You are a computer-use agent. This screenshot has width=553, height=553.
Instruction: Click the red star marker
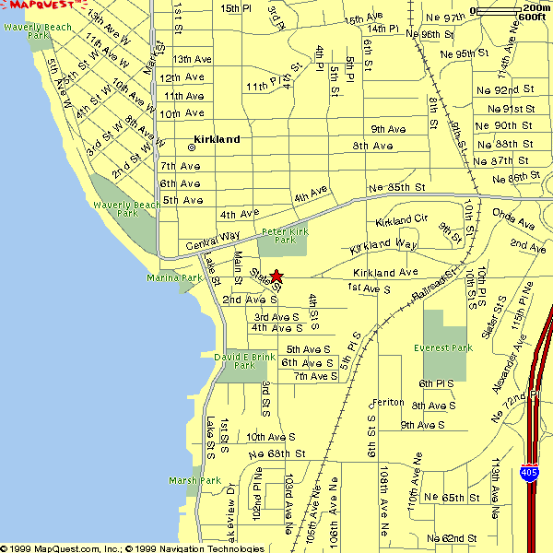[x=276, y=275]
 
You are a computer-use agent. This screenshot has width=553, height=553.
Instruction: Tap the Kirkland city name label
[x=217, y=139]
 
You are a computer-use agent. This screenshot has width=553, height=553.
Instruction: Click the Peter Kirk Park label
[x=286, y=236]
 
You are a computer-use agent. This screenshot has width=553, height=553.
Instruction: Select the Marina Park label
[x=174, y=277]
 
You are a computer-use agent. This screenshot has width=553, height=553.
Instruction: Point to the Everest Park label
[x=443, y=347]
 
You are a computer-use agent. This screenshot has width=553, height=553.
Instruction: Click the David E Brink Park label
[x=244, y=360]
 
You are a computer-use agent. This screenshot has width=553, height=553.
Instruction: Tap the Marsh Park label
[x=194, y=480]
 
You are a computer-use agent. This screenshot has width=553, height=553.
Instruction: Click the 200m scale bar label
[x=535, y=7]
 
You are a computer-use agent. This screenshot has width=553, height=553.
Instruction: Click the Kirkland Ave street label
[x=385, y=273]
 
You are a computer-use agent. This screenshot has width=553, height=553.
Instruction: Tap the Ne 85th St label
[x=396, y=188]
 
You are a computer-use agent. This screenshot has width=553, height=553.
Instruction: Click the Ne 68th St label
[x=276, y=453]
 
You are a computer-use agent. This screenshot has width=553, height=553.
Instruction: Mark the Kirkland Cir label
[x=402, y=221]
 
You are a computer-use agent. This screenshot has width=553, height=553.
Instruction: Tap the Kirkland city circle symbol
[x=192, y=147]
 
